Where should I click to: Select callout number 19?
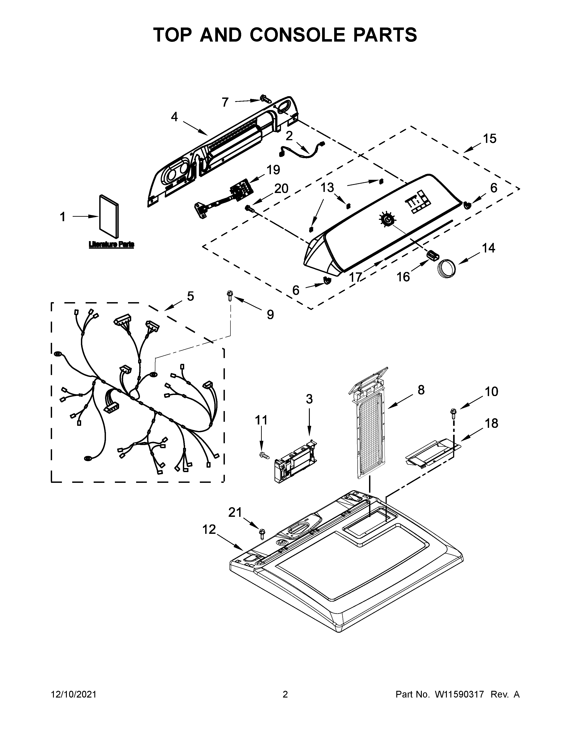273,170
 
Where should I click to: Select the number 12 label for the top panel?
209,530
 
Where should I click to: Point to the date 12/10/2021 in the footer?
74,694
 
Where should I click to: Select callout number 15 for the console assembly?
490,139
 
